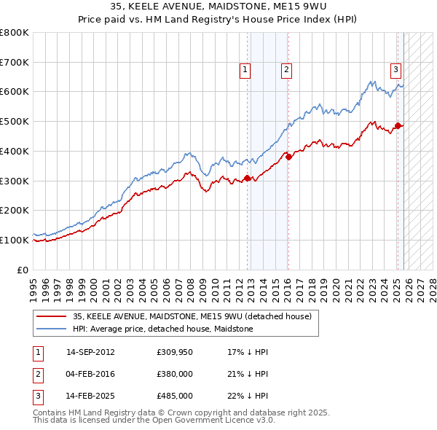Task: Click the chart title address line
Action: pos(219,7)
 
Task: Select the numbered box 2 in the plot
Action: pos(286,70)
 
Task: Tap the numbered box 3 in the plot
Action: pos(395,70)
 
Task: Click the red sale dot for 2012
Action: pos(248,178)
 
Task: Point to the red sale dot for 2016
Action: pos(289,156)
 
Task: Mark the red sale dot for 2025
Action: pos(398,125)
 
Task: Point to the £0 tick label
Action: pos(23,270)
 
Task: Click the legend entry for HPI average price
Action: pos(162,329)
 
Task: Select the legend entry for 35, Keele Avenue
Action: pos(192,316)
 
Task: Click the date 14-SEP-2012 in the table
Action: pos(90,352)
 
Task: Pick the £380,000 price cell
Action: pos(174,374)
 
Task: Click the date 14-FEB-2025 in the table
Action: pos(90,396)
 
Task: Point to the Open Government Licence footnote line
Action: pos(154,420)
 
